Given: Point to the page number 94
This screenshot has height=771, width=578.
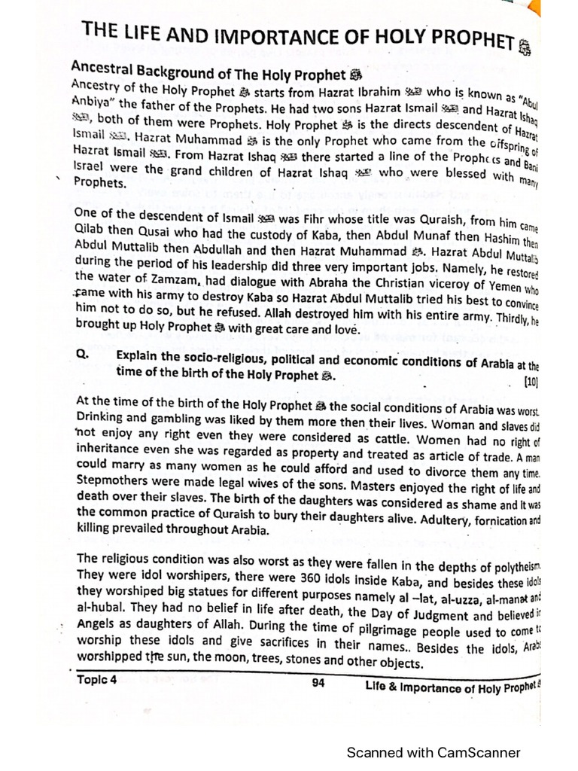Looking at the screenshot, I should coord(317,684).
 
